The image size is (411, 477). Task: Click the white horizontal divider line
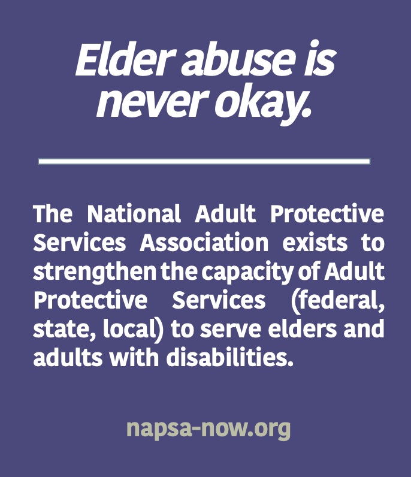click(204, 161)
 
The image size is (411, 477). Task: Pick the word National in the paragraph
click(134, 213)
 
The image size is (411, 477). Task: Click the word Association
click(204, 242)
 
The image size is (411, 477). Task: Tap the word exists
click(315, 242)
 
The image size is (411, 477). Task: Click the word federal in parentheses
click(337, 300)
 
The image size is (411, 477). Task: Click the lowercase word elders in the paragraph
click(303, 328)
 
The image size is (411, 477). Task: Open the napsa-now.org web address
click(208, 429)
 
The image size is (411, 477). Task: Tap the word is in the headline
click(320, 59)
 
